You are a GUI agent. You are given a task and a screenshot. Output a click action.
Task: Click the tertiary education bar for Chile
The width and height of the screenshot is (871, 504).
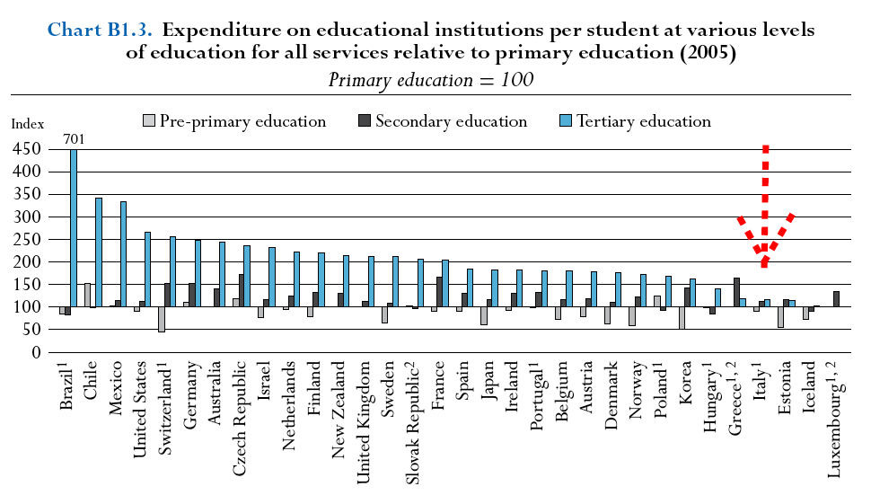[x=99, y=252]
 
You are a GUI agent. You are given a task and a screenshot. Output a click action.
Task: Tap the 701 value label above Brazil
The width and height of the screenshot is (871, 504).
[x=74, y=138]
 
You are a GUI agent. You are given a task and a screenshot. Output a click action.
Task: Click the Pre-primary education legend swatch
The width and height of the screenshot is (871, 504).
[x=149, y=121]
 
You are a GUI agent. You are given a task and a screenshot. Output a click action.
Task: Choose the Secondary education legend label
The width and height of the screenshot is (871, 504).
[x=451, y=121]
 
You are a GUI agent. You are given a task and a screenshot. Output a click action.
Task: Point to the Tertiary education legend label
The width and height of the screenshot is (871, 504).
[x=644, y=121]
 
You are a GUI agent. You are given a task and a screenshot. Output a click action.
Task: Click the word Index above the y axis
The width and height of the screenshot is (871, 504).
[x=26, y=124]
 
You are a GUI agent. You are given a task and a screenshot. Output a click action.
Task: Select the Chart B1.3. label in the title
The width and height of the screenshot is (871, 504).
[x=100, y=30]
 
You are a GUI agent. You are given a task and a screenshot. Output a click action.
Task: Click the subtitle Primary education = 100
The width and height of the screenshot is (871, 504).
[x=431, y=79]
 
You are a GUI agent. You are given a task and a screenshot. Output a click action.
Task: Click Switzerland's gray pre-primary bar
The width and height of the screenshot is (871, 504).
[x=161, y=320]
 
